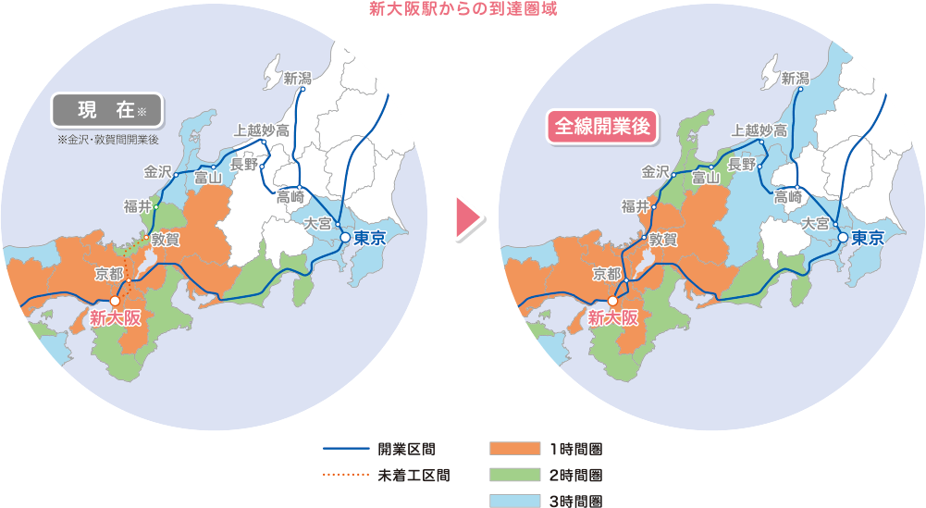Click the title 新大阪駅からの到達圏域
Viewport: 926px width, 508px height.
click(463, 10)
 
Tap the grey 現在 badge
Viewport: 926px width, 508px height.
click(107, 110)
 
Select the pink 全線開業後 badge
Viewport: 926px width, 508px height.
click(602, 127)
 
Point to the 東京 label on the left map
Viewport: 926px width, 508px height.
click(369, 238)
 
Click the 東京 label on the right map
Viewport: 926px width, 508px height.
click(869, 238)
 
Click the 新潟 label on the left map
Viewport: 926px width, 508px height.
click(298, 78)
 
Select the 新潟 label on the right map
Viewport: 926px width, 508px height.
click(795, 78)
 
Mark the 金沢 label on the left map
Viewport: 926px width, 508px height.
click(158, 170)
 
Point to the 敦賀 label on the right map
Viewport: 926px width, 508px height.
click(663, 239)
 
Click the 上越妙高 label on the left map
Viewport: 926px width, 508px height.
click(261, 130)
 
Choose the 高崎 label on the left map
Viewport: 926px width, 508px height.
click(290, 196)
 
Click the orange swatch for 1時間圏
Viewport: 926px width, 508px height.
click(513, 450)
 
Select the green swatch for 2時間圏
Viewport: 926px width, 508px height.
click(513, 476)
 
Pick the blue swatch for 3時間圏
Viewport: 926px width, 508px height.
click(513, 501)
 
